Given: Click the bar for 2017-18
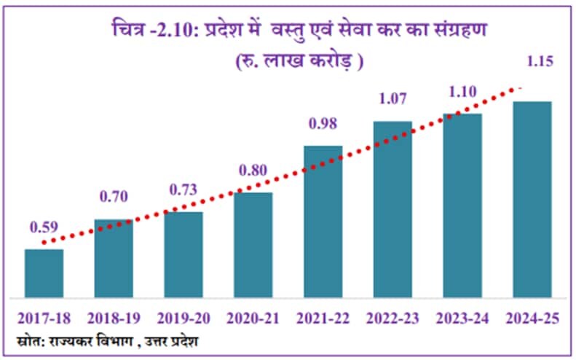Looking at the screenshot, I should (x=44, y=273).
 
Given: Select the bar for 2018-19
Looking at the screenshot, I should (x=114, y=259).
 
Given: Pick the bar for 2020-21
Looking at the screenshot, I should (x=253, y=245).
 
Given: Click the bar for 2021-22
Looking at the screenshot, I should (x=323, y=222).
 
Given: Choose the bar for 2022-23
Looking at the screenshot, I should (x=392, y=209).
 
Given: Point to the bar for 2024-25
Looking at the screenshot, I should (x=532, y=199).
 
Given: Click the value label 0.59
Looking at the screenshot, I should (x=44, y=227).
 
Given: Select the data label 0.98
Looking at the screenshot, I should (x=323, y=124).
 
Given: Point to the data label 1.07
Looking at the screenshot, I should (x=392, y=98).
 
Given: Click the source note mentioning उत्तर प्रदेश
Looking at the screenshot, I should (x=107, y=341).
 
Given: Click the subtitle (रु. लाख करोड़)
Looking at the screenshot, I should (x=299, y=61).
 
